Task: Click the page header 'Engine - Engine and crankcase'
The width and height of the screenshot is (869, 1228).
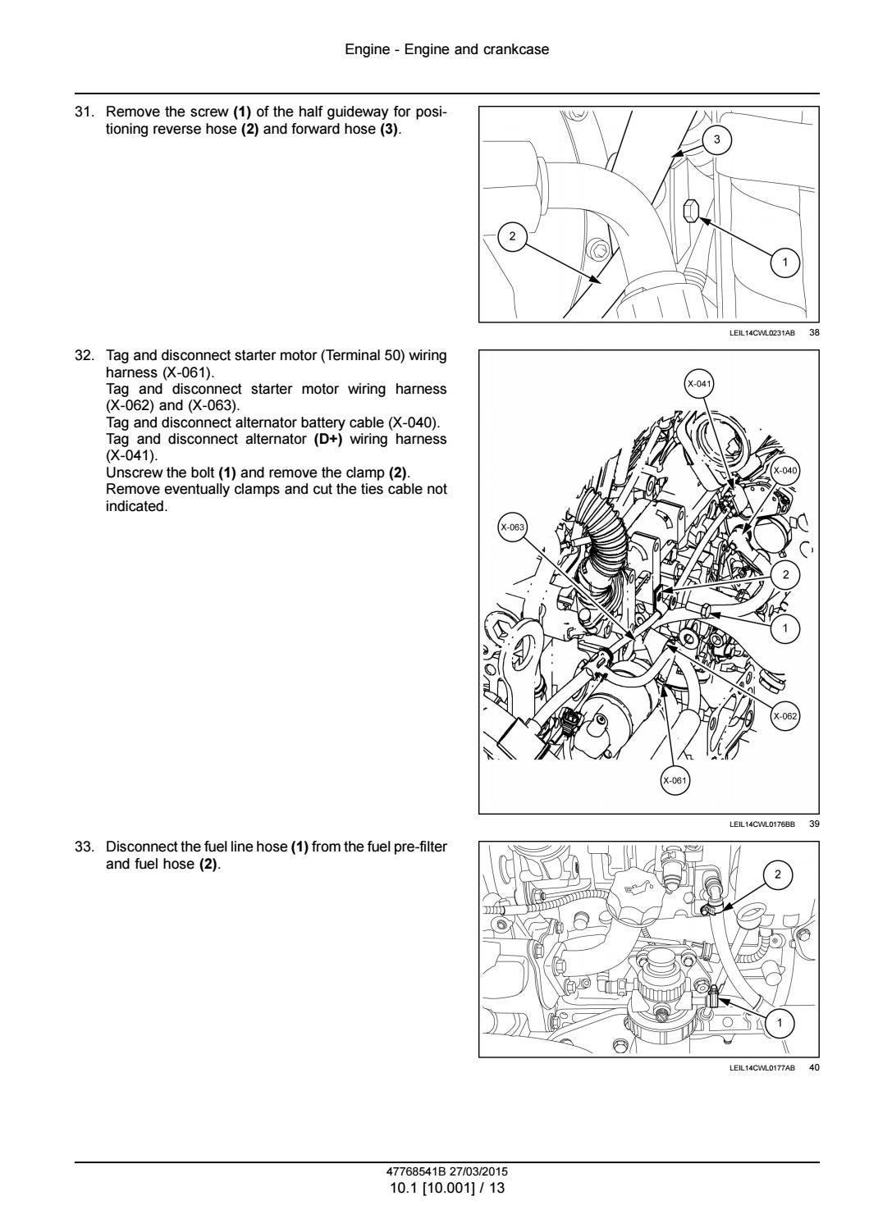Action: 446,49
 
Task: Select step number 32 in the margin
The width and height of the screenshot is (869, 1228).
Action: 85,356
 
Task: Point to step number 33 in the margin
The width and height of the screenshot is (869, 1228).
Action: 85,847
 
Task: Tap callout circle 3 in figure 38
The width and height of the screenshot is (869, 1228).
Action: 716,139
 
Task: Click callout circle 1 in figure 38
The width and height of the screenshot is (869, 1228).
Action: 785,262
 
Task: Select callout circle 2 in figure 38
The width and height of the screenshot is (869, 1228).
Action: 513,236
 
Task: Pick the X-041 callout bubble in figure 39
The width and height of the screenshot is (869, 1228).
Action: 699,384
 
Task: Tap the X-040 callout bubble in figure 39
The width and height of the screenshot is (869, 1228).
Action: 784,470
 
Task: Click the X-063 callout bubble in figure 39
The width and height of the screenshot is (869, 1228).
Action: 513,527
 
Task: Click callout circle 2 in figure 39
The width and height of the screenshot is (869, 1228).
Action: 785,574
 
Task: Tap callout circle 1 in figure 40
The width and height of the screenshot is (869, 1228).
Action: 780,1022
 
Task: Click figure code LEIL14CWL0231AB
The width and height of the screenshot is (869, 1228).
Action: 762,333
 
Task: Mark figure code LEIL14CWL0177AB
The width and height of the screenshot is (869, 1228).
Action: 762,1067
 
